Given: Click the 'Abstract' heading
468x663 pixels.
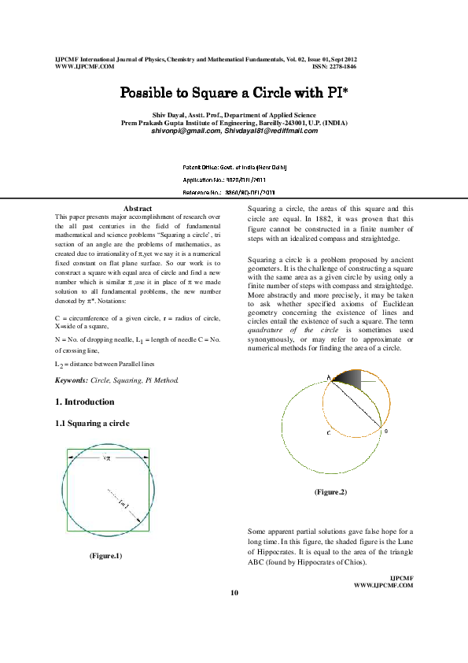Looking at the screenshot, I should tap(138, 207).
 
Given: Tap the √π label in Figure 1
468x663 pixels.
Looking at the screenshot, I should tap(108, 457).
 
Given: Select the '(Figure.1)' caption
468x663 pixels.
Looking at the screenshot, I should tap(106, 557).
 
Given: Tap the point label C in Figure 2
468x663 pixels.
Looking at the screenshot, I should tap(329, 433).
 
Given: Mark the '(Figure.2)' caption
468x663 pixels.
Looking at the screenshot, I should tap(330, 491).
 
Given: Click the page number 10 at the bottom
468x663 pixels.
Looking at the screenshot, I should tap(234, 592).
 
